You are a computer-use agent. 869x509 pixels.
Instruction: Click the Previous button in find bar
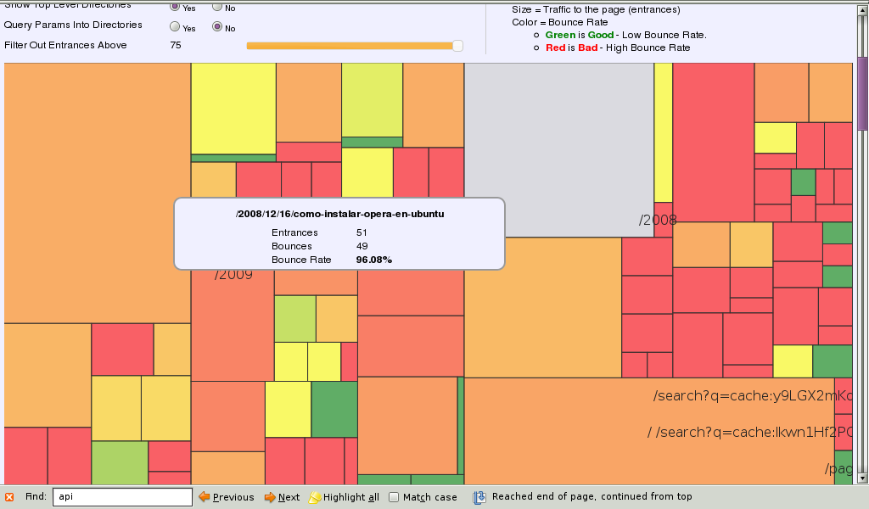point(226,497)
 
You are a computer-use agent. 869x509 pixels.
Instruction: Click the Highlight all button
point(344,497)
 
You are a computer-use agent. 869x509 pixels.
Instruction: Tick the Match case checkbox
point(394,497)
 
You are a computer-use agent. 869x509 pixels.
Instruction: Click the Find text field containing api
point(122,497)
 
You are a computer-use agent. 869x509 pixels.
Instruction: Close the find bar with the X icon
point(9,497)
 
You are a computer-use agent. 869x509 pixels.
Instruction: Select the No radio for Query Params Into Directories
point(218,28)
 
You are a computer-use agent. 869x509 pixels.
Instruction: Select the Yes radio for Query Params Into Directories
point(175,28)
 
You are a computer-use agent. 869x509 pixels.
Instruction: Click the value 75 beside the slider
point(176,45)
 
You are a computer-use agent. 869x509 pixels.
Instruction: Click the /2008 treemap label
point(658,221)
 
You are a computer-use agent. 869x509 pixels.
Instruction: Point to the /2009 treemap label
point(233,275)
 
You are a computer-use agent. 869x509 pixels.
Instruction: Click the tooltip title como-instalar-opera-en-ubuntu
point(339,215)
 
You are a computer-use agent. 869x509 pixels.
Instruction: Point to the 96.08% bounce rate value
point(373,260)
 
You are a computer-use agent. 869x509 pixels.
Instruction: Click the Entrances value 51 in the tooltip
point(362,232)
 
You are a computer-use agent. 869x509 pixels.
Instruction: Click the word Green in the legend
point(560,35)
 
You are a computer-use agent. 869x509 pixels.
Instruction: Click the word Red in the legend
point(555,48)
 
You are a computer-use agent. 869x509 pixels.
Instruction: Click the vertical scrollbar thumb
point(862,93)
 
